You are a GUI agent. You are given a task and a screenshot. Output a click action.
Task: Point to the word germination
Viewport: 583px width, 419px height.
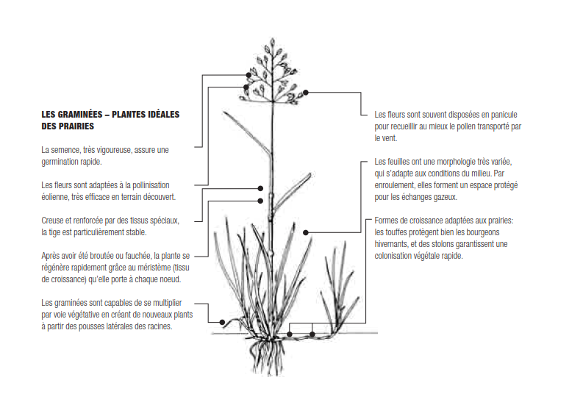pyautogui.click(x=61, y=161)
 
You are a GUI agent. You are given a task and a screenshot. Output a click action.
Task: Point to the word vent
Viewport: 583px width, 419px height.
pyautogui.click(x=387, y=137)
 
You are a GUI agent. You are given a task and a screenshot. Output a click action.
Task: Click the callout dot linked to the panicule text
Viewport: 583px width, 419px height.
pyautogui.click(x=306, y=93)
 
